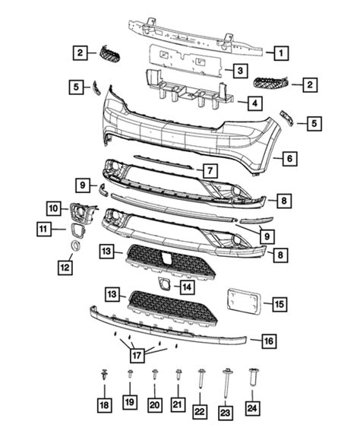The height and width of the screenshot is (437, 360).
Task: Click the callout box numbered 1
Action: pyautogui.click(x=281, y=53)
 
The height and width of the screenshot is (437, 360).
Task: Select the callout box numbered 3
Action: pyautogui.click(x=240, y=71)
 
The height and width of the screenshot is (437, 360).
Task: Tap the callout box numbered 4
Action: pyautogui.click(x=254, y=103)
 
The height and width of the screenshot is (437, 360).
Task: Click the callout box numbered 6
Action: pyautogui.click(x=289, y=158)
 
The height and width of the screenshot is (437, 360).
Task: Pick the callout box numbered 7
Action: pyautogui.click(x=210, y=170)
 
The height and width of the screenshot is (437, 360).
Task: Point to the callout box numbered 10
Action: pyautogui.click(x=54, y=208)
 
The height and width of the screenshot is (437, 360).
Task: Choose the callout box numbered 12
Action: pyautogui.click(x=65, y=268)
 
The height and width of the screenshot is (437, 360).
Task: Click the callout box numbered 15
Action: pyautogui.click(x=279, y=304)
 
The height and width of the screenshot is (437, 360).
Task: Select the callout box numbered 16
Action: pyautogui.click(x=269, y=340)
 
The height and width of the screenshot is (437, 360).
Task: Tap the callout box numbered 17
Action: pyautogui.click(x=137, y=356)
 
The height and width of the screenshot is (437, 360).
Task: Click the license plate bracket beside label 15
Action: pyautogui.click(x=244, y=302)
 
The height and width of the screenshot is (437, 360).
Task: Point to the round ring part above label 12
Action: pyautogui.click(x=75, y=245)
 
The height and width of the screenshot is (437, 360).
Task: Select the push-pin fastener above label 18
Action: pyautogui.click(x=104, y=374)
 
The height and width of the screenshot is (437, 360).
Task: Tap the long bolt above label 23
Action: pyautogui.click(x=226, y=383)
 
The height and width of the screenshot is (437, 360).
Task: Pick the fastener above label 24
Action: pyautogui.click(x=253, y=377)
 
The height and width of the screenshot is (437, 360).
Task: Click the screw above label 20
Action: pyautogui.click(x=154, y=375)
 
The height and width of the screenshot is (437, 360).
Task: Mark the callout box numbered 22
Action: pyautogui.click(x=200, y=411)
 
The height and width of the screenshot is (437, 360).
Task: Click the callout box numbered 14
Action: pyautogui.click(x=187, y=287)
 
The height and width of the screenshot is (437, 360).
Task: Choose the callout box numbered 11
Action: pyautogui.click(x=44, y=229)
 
